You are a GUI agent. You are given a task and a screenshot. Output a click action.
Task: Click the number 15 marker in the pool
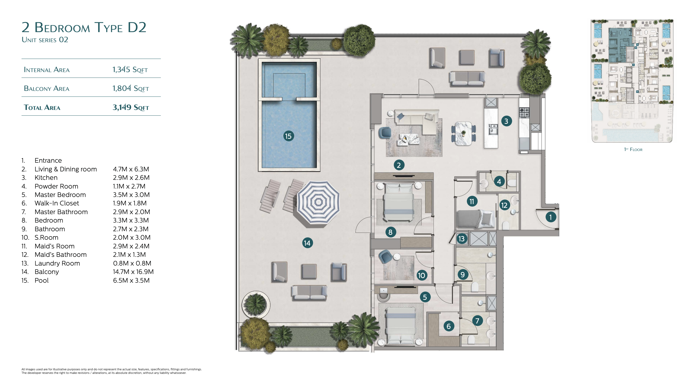[x=288, y=136]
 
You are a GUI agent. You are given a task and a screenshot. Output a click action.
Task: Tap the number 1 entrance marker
[x=551, y=217]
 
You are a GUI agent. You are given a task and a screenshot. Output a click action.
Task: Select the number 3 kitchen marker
[x=506, y=121]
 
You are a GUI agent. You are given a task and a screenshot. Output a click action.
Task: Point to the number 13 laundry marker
[x=461, y=239]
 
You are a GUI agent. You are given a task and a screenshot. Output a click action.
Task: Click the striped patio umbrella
[x=318, y=202]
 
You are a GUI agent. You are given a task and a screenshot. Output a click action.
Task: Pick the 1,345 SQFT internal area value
[x=130, y=70]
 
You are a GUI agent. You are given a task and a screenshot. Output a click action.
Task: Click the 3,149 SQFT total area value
[x=131, y=107]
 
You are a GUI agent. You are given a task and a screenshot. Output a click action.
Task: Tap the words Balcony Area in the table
[x=47, y=88]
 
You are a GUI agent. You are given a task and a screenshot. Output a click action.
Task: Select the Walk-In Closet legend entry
[x=57, y=203]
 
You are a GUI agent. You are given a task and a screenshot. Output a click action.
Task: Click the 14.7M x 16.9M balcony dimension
[x=133, y=272]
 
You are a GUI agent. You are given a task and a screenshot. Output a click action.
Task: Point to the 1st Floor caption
[x=633, y=149]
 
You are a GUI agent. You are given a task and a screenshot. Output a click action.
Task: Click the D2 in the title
[x=137, y=27]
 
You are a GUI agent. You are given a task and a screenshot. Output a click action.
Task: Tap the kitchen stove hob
[x=524, y=113]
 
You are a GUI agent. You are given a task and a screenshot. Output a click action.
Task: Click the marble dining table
[x=463, y=133]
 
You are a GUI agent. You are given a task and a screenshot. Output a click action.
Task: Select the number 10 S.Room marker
[x=421, y=275]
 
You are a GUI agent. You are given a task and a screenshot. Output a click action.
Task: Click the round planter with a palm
[x=256, y=304]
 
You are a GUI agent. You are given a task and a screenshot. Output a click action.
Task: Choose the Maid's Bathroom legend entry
[x=60, y=255]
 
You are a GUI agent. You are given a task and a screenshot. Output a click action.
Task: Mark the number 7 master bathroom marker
[x=477, y=321]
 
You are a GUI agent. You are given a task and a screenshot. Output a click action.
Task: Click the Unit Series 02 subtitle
[x=45, y=40]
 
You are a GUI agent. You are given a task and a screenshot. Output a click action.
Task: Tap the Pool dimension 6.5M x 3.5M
[x=131, y=281]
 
